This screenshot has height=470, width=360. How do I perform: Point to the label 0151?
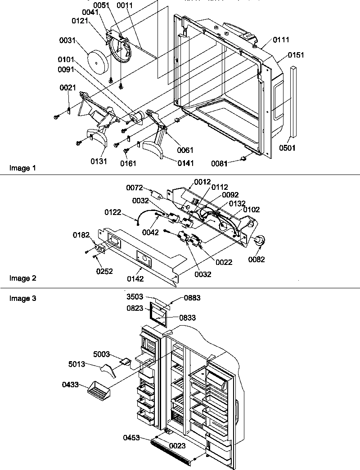click(x=296, y=55)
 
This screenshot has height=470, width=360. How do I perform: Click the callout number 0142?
click(x=135, y=279)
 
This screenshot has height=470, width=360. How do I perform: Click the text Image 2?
click(x=22, y=278)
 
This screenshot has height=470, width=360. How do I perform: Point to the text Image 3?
click(x=22, y=298)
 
